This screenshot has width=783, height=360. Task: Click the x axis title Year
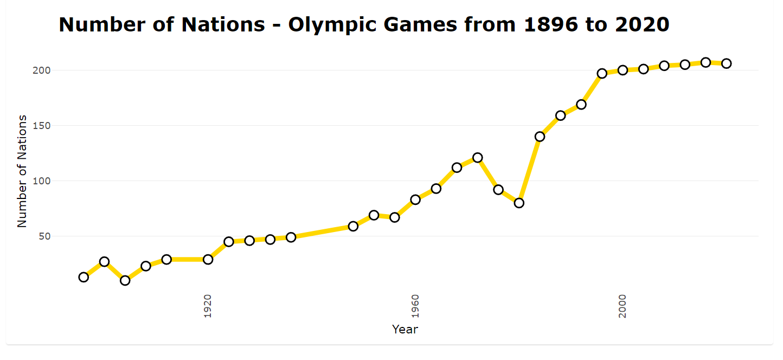[x=405, y=329]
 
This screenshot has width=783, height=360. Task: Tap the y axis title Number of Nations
[x=22, y=171]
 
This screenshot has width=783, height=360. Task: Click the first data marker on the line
[x=84, y=277]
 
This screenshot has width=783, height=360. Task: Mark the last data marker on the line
[x=726, y=63]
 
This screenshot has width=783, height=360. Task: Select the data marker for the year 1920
[x=208, y=259]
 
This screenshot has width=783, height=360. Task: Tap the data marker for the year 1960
[x=415, y=200]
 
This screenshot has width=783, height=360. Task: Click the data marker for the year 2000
[x=622, y=70]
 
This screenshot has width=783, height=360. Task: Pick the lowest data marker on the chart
[x=125, y=280]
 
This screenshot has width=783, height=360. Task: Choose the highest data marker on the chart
[x=705, y=62]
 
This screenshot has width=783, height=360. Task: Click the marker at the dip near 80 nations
[x=519, y=203]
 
